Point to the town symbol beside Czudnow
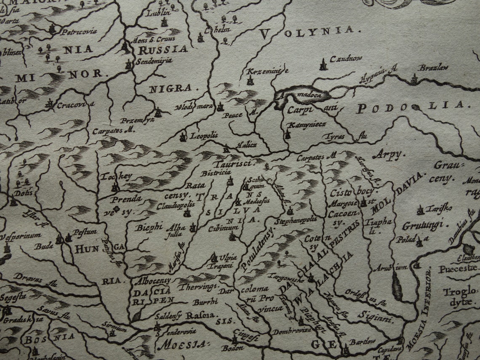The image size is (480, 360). click(x=323, y=64)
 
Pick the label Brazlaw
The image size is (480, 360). click(x=433, y=67)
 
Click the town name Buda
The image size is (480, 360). click(x=44, y=246)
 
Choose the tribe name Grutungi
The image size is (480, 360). click(x=422, y=226)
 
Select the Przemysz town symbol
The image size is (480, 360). click(x=158, y=112)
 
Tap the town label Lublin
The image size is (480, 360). click(x=157, y=12)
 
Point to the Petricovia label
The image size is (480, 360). click(x=79, y=32)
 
